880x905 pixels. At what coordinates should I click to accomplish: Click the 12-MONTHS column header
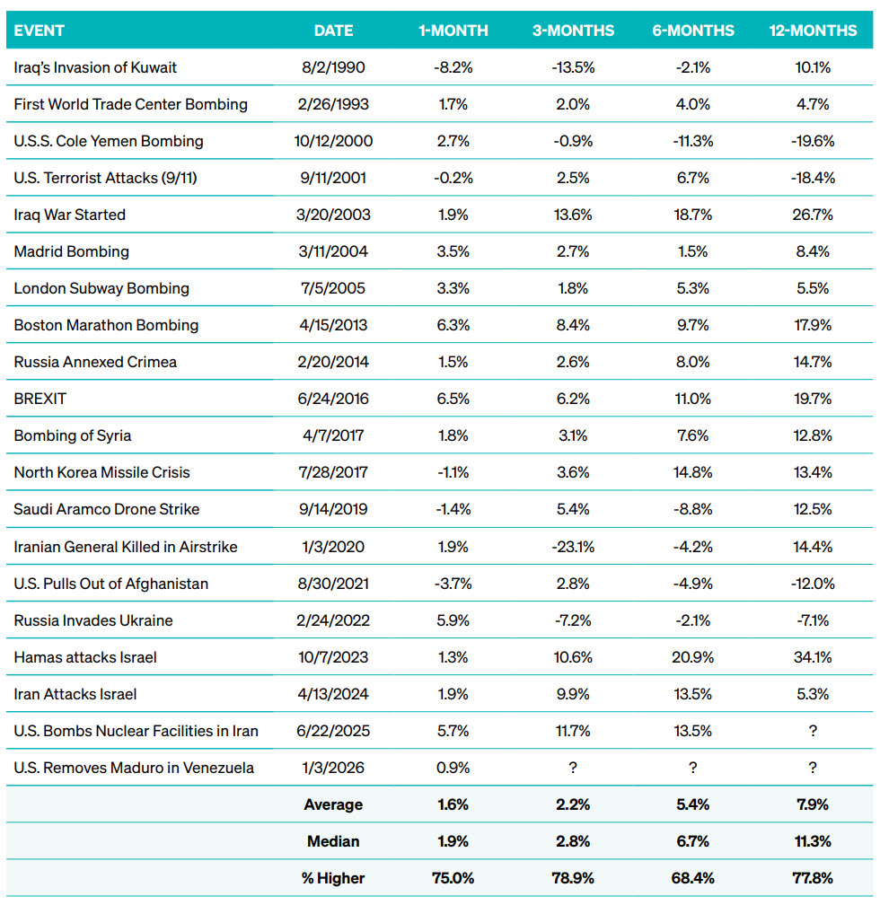pos(813,31)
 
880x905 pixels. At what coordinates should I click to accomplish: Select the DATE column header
pos(333,31)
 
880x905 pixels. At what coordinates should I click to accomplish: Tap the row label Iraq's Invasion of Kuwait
pos(95,67)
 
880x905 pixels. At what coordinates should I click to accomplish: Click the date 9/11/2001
pos(333,178)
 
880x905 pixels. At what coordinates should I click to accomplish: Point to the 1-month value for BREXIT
pos(453,399)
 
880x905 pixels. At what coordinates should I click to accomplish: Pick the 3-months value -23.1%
pos(573,546)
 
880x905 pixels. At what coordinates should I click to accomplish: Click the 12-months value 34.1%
pos(813,657)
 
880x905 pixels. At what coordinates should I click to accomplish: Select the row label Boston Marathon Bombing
pos(106,325)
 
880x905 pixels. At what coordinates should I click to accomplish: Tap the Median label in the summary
pos(333,841)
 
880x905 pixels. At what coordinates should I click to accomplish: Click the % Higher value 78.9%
pos(573,878)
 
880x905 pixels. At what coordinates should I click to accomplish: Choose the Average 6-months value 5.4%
pos(693,804)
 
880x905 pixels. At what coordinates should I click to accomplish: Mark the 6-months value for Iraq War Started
pos(693,215)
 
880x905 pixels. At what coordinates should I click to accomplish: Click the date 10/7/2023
pos(333,657)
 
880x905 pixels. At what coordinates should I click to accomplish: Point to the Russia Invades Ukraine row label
pos(93,620)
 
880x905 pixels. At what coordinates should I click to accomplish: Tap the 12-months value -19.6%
pos(813,141)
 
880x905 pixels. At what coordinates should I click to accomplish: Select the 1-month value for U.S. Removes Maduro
pos(453,768)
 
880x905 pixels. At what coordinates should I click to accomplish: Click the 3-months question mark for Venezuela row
pos(573,768)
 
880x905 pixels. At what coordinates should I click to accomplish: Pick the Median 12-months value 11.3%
pos(813,841)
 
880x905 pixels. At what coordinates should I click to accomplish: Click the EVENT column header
pos(40,31)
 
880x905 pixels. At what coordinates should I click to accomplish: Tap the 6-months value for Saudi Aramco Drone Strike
pos(693,509)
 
